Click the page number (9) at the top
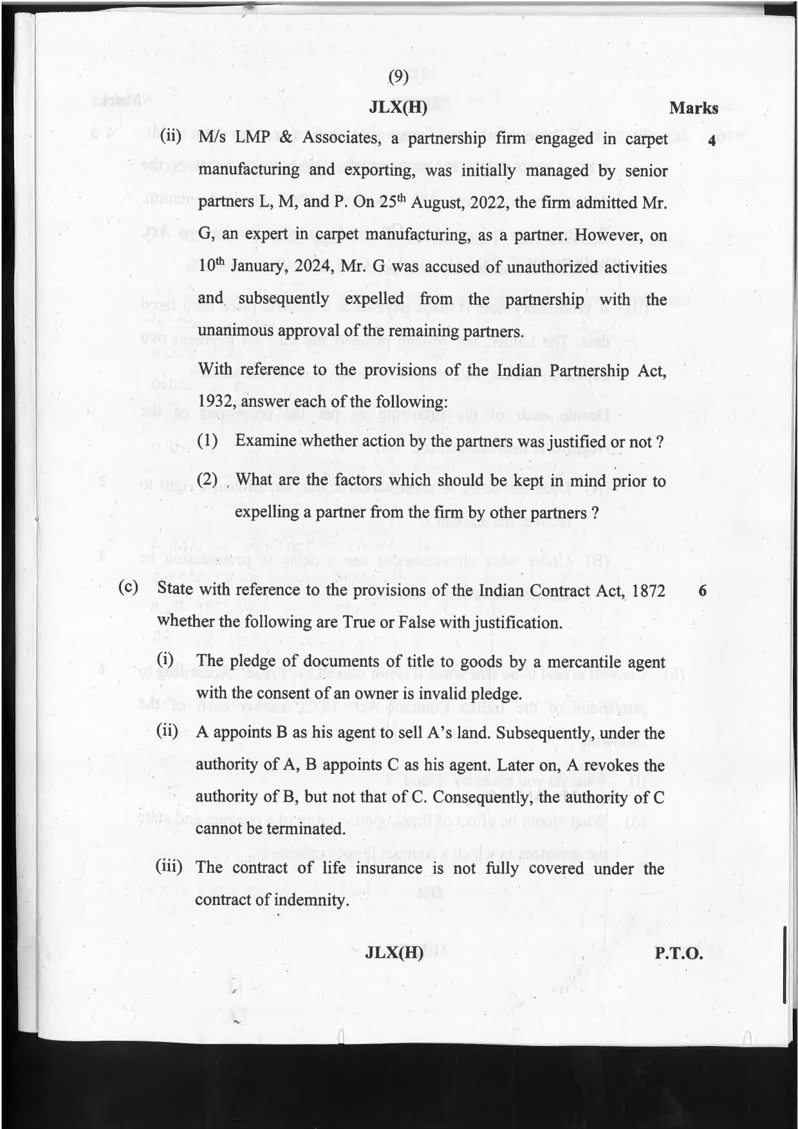coord(398,77)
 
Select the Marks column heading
coord(693,108)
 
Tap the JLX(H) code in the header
coord(398,108)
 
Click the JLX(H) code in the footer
coord(394,953)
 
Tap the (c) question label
coord(129,588)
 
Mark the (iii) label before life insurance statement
coord(169,866)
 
